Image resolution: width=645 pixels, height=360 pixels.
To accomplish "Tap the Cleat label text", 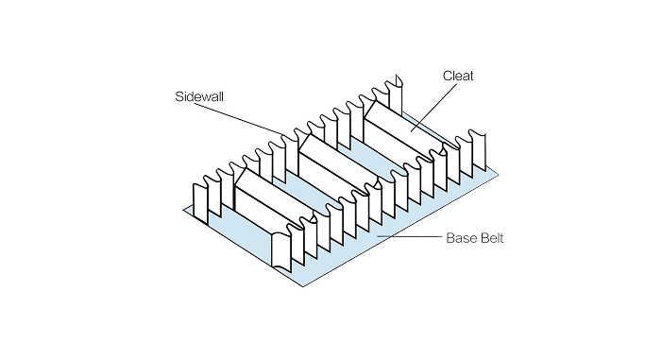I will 458,75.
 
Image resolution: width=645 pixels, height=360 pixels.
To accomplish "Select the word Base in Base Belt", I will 460,238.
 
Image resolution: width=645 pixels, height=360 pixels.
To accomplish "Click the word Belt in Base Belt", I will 491,238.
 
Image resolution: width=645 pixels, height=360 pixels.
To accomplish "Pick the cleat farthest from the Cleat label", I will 269,208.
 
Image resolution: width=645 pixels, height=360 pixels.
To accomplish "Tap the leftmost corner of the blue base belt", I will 188,212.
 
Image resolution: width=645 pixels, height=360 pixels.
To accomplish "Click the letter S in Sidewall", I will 179,97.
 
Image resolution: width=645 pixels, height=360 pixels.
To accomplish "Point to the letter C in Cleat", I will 447,75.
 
